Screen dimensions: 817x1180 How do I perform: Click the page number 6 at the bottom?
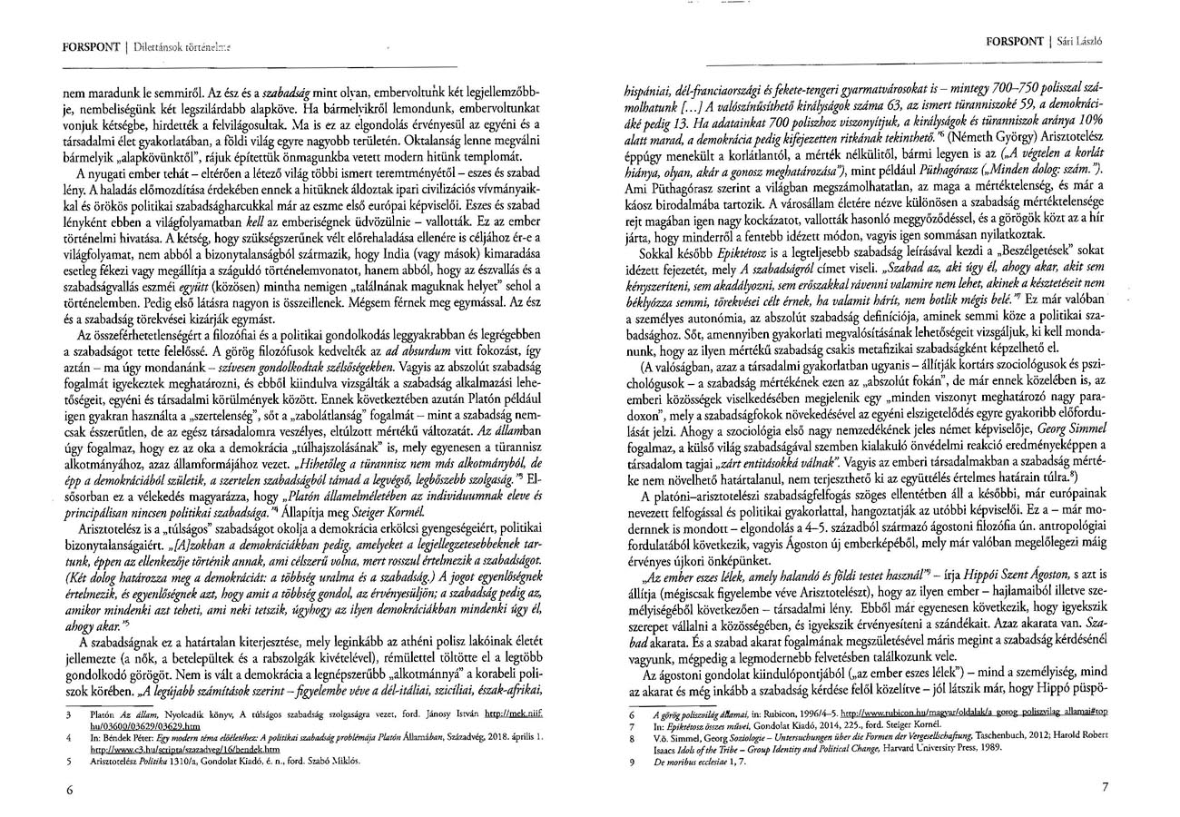69,790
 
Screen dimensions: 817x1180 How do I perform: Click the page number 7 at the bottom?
1105,786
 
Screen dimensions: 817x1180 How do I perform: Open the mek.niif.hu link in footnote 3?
514,715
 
